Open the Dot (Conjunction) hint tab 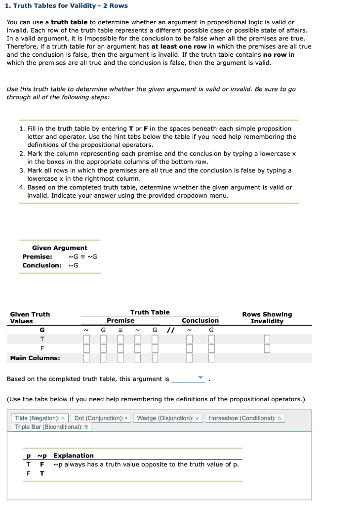pyautogui.click(x=101, y=418)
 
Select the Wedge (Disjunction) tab pyautogui.click(x=168, y=418)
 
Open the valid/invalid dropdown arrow pyautogui.click(x=200, y=379)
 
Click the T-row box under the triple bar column pyautogui.click(x=120, y=339)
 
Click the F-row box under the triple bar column pyautogui.click(x=120, y=348)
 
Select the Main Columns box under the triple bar pyautogui.click(x=120, y=358)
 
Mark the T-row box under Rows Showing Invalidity pyautogui.click(x=267, y=339)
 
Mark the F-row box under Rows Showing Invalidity pyautogui.click(x=267, y=348)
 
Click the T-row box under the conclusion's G pyautogui.click(x=211, y=339)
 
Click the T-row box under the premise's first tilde pyautogui.click(x=86, y=339)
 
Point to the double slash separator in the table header pyautogui.click(x=170, y=330)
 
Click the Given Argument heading pyautogui.click(x=59, y=248)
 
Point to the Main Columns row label pyautogui.click(x=35, y=358)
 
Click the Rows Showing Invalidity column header pyautogui.click(x=267, y=318)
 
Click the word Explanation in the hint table pyautogui.click(x=73, y=456)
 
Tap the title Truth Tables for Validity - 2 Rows pyautogui.click(x=66, y=6)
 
